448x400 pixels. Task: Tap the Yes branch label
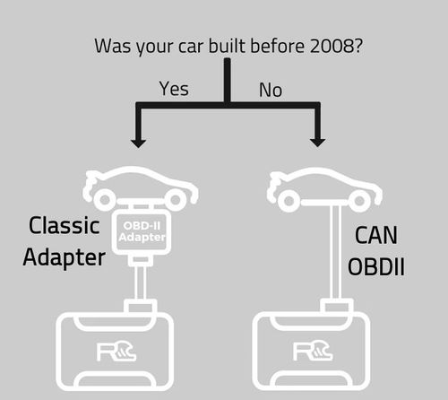point(174,89)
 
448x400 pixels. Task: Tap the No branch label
point(271,90)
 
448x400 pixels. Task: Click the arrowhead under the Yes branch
point(138,143)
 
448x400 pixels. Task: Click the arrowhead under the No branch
point(317,143)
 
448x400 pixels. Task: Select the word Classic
point(65,225)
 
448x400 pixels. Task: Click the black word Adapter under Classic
point(65,257)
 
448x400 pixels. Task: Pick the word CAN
point(376,235)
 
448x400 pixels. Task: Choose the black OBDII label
point(376,266)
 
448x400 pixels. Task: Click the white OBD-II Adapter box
point(142,232)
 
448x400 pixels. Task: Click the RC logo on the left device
point(116,352)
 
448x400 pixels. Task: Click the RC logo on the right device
point(313,351)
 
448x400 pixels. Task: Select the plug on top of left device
point(141,306)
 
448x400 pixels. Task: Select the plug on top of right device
point(337,306)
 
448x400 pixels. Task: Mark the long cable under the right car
point(336,252)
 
